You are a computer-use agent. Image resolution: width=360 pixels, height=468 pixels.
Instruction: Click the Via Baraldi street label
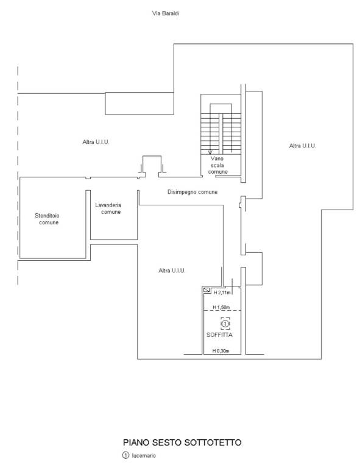(x=166, y=13)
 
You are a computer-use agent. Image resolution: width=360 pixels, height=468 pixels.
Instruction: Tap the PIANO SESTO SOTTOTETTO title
(x=182, y=442)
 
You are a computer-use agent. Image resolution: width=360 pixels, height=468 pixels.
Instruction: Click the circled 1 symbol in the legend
(x=126, y=455)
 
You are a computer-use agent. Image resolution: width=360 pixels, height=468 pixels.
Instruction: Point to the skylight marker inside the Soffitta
(x=225, y=324)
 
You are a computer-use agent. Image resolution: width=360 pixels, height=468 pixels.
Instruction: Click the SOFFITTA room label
(x=219, y=335)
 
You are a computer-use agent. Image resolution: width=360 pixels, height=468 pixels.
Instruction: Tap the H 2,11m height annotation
(x=222, y=292)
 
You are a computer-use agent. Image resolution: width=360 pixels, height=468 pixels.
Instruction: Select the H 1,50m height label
(x=221, y=307)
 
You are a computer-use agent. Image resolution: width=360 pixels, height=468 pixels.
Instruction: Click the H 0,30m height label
(x=221, y=351)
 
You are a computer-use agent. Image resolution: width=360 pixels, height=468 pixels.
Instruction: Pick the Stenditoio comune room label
(x=47, y=219)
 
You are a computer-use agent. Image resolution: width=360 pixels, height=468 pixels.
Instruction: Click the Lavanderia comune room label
(x=108, y=208)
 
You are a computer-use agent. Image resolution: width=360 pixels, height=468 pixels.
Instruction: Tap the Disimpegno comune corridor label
(x=192, y=192)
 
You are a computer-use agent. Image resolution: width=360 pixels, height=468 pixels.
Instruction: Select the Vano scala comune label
(x=217, y=165)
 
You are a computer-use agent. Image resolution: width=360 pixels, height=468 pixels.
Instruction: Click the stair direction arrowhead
(x=210, y=152)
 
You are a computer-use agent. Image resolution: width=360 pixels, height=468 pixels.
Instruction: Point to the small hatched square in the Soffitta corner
(x=206, y=290)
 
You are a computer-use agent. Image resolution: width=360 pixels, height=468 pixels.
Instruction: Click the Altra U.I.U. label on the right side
(x=302, y=146)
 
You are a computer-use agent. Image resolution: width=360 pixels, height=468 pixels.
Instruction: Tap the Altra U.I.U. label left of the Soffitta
(x=172, y=271)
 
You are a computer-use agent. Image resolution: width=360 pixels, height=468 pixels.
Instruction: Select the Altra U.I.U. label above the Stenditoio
(x=96, y=142)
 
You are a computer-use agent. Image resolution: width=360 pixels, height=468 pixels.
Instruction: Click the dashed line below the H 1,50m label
(x=222, y=311)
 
